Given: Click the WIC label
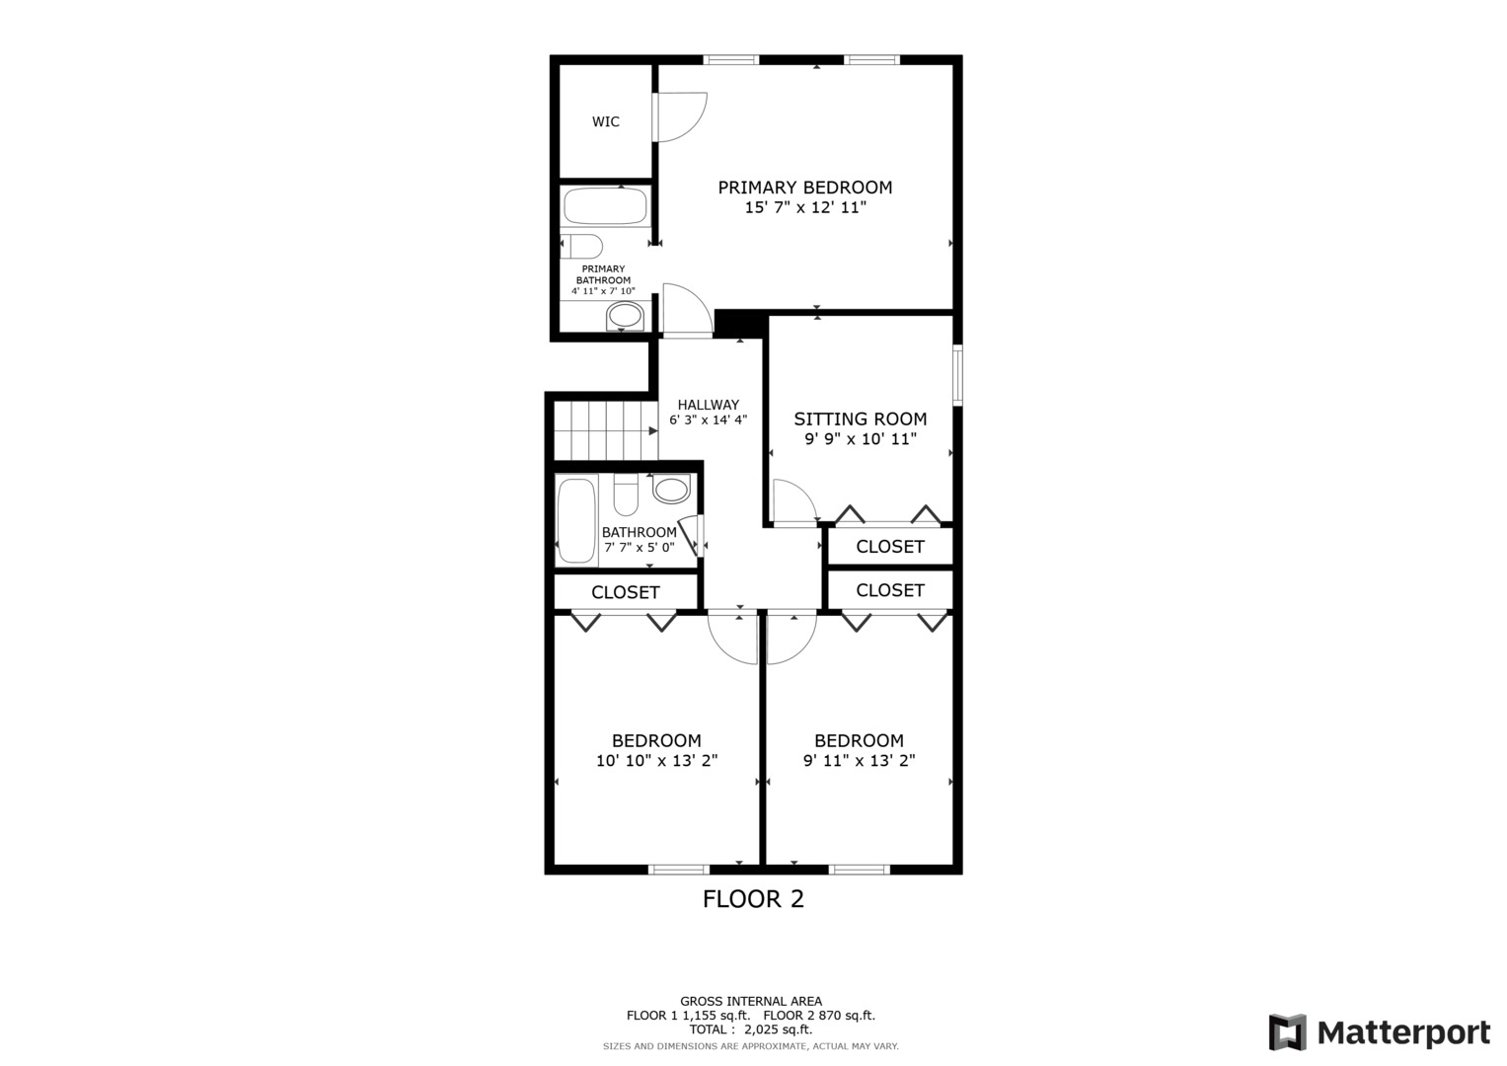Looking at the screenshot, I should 606,122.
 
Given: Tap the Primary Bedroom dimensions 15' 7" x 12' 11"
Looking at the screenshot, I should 805,208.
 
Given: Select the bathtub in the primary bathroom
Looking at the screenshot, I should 605,206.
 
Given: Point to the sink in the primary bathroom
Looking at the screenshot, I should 624,316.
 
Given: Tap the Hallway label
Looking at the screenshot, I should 708,405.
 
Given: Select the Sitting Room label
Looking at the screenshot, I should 861,419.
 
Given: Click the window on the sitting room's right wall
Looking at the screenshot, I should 957,374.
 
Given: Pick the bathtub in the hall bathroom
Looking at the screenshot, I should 576,520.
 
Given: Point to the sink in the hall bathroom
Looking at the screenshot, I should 671,489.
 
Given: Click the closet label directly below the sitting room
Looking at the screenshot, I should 889,547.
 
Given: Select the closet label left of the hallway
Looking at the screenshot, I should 625,592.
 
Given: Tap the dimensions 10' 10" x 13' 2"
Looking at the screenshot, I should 656,761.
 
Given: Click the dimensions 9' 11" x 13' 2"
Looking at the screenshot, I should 859,761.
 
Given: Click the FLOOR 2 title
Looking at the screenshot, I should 753,899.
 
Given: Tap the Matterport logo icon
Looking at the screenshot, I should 1287,1032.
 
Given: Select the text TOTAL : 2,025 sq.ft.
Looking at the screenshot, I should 751,1029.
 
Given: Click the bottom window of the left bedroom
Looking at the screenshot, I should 678,870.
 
